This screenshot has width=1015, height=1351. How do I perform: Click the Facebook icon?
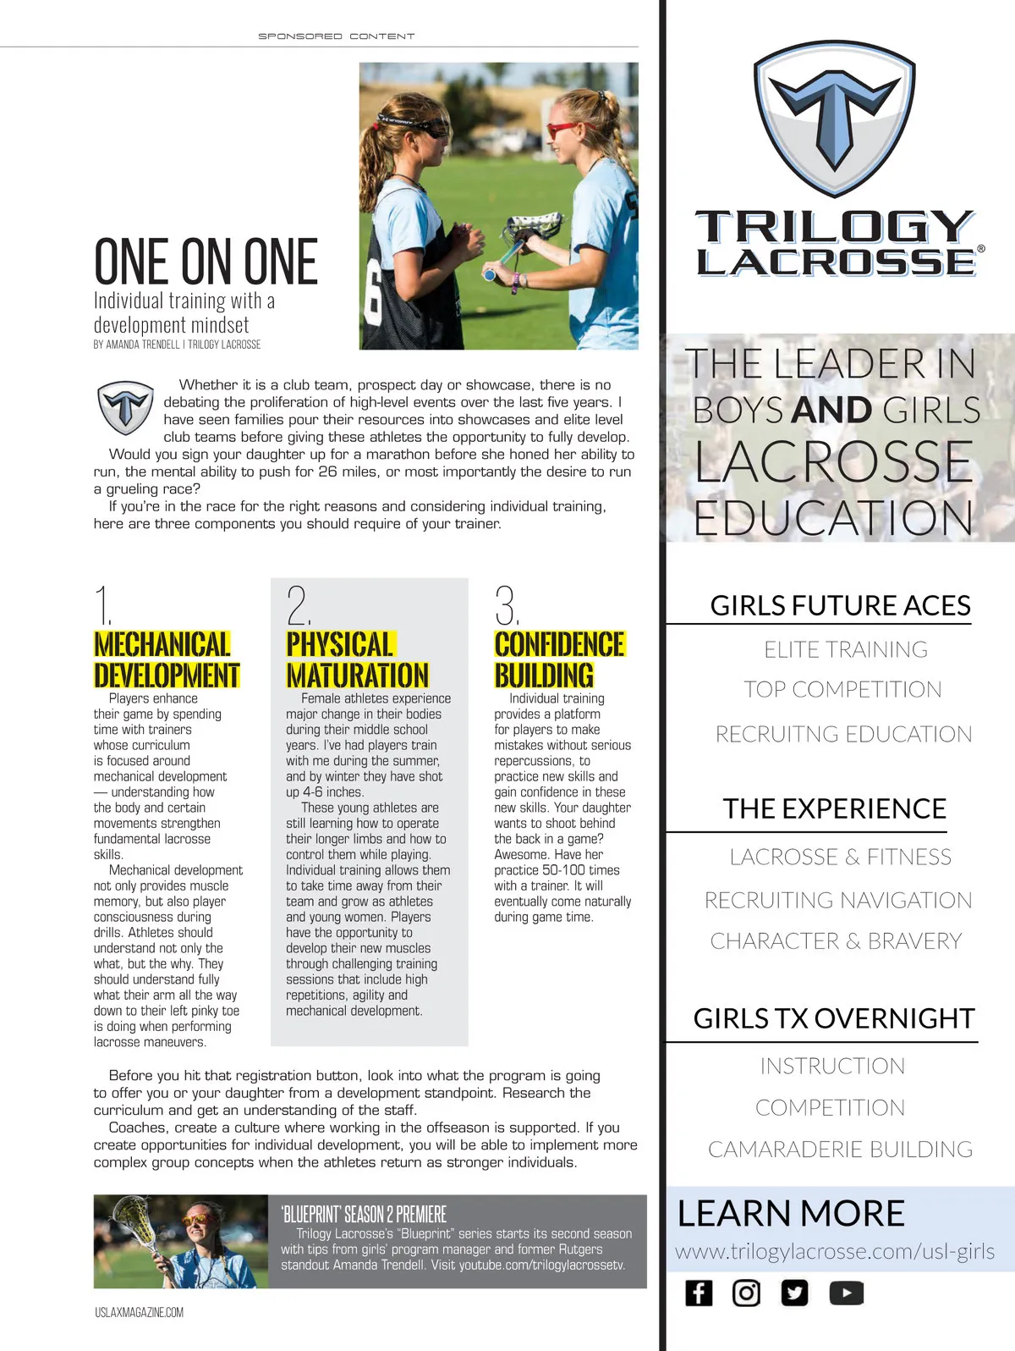coord(699,1293)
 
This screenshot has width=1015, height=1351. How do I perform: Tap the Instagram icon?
coord(746,1293)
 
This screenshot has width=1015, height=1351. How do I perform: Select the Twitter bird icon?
coord(794,1293)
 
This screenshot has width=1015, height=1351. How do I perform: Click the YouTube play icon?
coord(847,1293)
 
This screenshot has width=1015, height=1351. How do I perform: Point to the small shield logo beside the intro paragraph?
coord(125,408)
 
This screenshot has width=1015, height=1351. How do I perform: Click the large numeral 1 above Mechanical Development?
coord(103,605)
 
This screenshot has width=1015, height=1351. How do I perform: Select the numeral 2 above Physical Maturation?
coord(298,605)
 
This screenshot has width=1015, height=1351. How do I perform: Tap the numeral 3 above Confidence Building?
coord(506,605)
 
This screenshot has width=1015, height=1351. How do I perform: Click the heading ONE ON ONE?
coord(206,262)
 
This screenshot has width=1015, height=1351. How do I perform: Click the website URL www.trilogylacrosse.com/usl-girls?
coord(834,1251)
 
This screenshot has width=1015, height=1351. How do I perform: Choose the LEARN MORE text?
coord(791,1213)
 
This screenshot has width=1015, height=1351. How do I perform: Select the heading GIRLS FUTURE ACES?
coord(840,605)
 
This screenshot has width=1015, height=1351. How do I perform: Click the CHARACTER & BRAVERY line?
coord(836,940)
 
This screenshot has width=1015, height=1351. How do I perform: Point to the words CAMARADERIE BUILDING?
coord(840,1149)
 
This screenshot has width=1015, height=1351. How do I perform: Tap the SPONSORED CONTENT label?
coord(336,36)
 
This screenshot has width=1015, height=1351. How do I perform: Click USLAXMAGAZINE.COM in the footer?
coord(139,1312)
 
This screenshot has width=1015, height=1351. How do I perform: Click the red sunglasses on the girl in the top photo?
coord(562,130)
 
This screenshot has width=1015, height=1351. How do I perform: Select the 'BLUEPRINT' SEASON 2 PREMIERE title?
coord(364,1214)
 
